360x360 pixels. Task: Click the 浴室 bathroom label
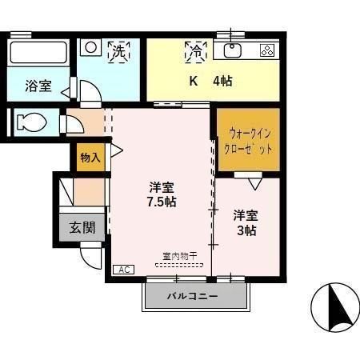click(38, 86)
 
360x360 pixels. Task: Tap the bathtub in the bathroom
click(39, 54)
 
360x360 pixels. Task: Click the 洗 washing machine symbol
click(118, 51)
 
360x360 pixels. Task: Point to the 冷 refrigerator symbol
click(194, 52)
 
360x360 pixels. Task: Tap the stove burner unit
click(266, 50)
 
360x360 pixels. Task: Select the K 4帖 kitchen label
click(210, 81)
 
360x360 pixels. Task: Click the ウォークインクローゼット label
click(248, 142)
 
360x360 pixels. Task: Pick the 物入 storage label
click(90, 158)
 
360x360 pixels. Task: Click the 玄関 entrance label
click(82, 227)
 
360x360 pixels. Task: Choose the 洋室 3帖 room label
click(246, 222)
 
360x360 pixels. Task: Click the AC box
click(124, 270)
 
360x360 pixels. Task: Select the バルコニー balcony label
click(192, 297)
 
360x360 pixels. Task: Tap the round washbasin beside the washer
click(91, 47)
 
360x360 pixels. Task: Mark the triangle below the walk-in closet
click(254, 183)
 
